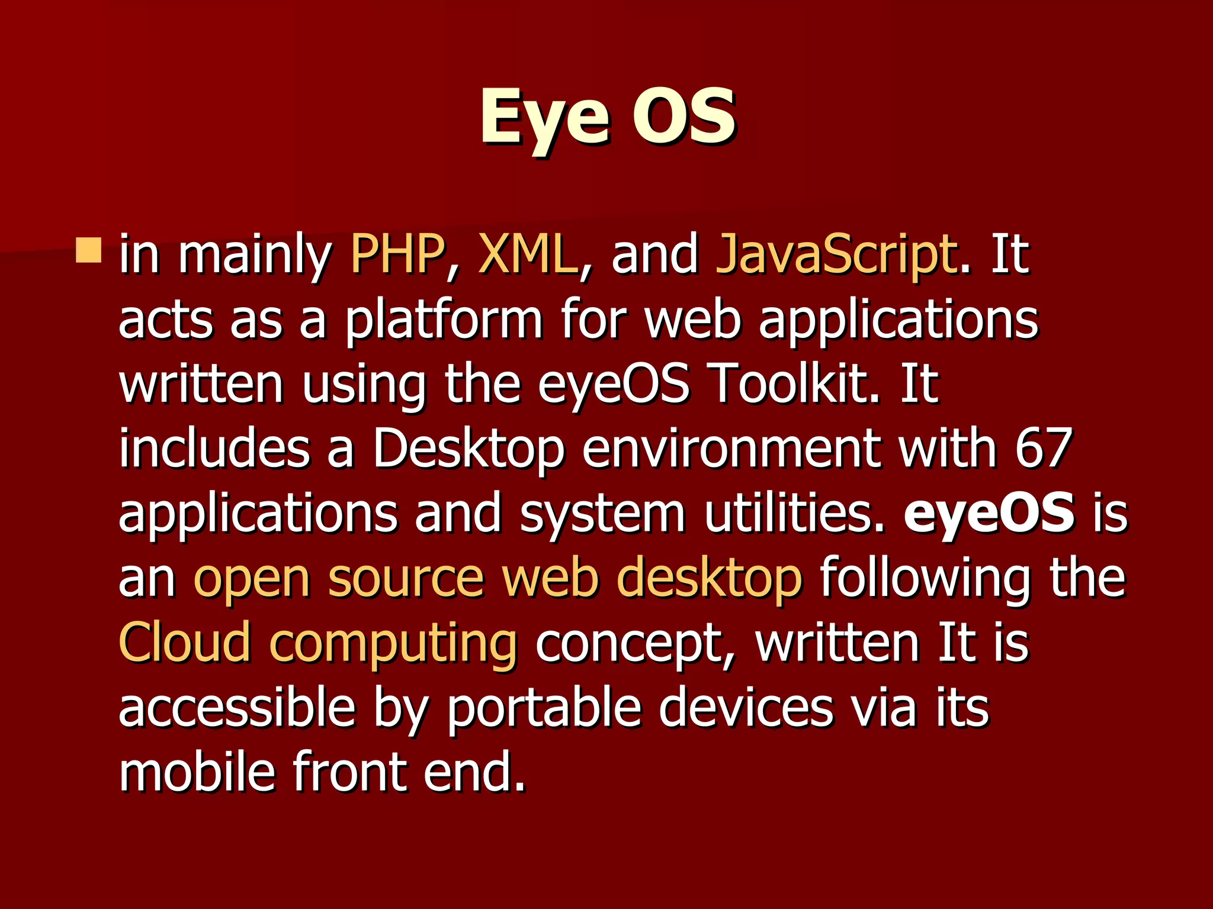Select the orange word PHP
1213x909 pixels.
click(x=397, y=255)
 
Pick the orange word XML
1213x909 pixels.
click(x=527, y=255)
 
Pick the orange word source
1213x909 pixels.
click(x=406, y=580)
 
